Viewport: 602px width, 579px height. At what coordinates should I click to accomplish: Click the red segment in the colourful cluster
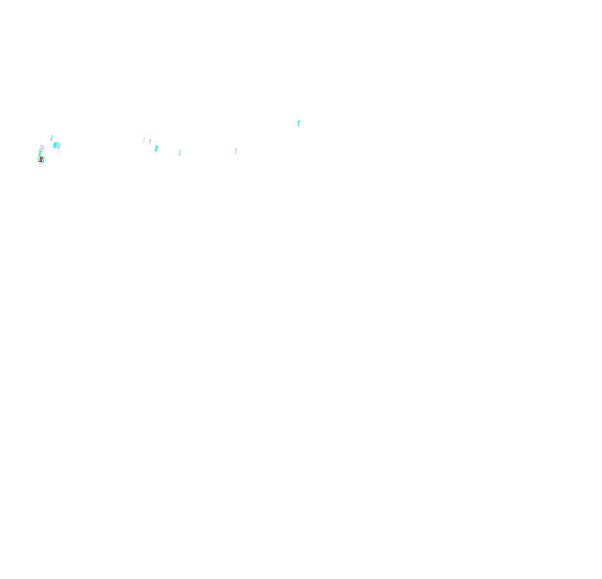(x=41, y=159)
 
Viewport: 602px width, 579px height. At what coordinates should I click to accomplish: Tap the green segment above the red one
(x=40, y=153)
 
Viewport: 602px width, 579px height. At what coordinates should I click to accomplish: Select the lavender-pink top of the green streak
(x=42, y=147)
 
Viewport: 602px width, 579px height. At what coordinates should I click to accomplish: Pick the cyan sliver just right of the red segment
(x=43, y=160)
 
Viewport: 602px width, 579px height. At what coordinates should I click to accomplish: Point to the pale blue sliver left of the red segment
(x=38, y=160)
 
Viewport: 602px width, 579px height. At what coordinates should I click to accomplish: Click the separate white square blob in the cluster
(x=59, y=152)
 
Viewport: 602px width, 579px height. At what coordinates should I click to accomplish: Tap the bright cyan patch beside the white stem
(x=54, y=146)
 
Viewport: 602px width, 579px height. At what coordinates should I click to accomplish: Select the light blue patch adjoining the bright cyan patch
(x=58, y=146)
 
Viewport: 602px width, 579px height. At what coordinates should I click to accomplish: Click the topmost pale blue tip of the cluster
(x=52, y=138)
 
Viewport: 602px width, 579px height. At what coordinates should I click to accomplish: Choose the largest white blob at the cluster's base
(x=51, y=150)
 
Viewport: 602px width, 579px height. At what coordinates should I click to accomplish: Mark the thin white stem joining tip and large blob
(x=53, y=143)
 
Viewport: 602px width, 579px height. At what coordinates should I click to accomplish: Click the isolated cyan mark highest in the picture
(x=298, y=123)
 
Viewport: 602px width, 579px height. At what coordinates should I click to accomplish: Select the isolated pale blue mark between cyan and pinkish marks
(x=180, y=153)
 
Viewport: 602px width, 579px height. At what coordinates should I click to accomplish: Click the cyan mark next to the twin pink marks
(x=156, y=148)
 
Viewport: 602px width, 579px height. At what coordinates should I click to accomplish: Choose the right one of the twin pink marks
(x=150, y=141)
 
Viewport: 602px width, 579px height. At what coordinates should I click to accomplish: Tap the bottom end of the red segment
(x=40, y=161)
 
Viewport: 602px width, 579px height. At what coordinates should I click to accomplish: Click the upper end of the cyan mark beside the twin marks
(x=157, y=146)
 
